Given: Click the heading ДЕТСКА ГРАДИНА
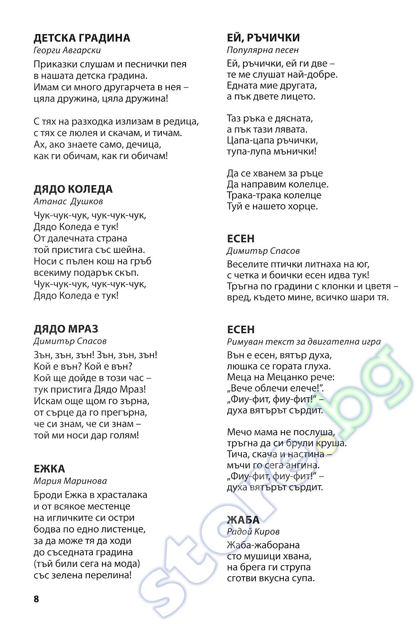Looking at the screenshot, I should (x=82, y=38).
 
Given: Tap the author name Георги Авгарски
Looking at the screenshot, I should (x=67, y=50).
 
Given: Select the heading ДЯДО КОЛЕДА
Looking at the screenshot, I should (x=73, y=189).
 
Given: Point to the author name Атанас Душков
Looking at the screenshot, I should (x=68, y=201).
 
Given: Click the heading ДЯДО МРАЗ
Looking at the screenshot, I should (x=66, y=329).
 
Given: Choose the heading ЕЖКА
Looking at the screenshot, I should (x=49, y=469).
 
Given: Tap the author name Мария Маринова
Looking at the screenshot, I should (x=70, y=481).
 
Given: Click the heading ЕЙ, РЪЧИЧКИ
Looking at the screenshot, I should (x=263, y=38).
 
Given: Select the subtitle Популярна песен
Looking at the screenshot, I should (x=263, y=50).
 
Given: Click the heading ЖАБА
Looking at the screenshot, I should (x=243, y=520).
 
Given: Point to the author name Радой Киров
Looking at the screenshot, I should (x=253, y=532).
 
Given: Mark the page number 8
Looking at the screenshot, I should (x=36, y=599).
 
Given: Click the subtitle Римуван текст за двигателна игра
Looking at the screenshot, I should (x=304, y=342).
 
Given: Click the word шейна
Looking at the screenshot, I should (x=129, y=250).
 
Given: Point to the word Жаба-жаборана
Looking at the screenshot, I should (x=263, y=545).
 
